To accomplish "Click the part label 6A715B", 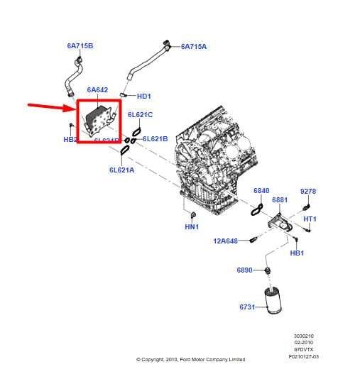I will (80, 46).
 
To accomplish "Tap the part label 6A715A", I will (194, 47).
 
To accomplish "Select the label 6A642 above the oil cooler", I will (97, 90).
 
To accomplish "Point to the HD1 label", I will (144, 96).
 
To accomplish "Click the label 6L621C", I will (140, 114).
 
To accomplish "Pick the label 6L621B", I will (155, 138).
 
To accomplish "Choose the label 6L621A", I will (122, 170).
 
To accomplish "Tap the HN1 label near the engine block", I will (192, 226).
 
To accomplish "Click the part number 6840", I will (261, 191).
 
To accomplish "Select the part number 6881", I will (280, 200).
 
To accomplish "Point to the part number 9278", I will (307, 191).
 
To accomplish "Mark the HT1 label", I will (310, 219).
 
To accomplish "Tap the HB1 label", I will (297, 253).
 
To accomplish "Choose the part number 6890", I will (245, 270).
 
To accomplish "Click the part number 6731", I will (247, 307).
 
